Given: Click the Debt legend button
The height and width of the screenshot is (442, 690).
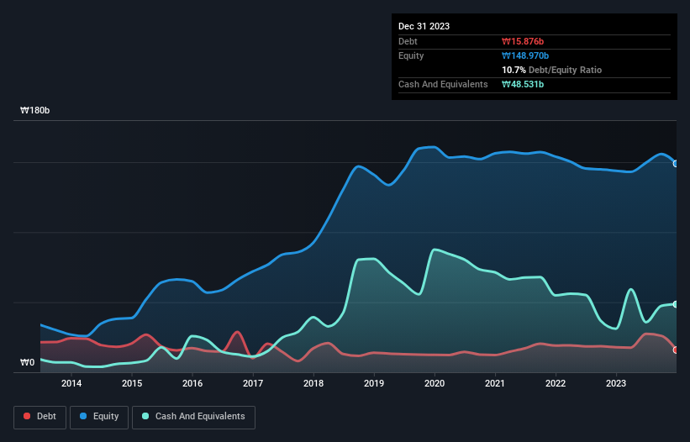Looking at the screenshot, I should [39, 416].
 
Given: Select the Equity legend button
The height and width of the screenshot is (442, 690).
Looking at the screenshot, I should [99, 416].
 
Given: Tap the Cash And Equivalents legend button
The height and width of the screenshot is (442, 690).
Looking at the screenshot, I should [193, 416].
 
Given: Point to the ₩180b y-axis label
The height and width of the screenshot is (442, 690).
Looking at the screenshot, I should [36, 111].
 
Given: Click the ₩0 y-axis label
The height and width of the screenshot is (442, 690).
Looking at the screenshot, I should [27, 363].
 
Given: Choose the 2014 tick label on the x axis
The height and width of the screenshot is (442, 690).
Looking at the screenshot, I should [71, 384].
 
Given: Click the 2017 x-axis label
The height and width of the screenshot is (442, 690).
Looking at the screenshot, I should [253, 384].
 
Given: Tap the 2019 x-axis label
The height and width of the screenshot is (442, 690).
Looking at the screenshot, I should [374, 384].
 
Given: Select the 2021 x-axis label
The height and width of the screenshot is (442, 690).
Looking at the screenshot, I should [495, 384].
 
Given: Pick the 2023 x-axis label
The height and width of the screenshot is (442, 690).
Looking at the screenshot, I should [616, 384].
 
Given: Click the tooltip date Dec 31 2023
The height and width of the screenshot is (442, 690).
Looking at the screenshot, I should [424, 26].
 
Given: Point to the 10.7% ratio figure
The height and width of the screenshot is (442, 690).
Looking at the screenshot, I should [514, 70].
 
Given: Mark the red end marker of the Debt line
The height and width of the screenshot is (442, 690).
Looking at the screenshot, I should [676, 350].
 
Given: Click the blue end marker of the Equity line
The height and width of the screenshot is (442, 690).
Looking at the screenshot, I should [676, 163].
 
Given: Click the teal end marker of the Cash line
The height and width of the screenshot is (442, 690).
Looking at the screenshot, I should [676, 304].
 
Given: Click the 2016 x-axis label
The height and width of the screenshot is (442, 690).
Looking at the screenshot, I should [192, 384].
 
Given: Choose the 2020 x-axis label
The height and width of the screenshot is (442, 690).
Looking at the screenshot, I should [435, 384].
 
